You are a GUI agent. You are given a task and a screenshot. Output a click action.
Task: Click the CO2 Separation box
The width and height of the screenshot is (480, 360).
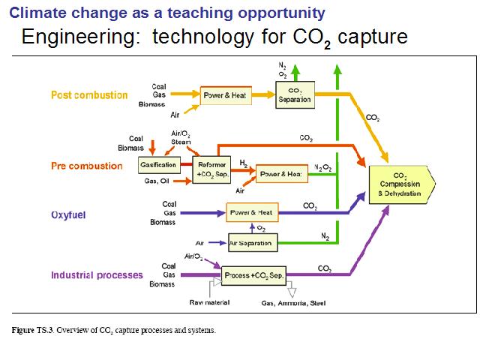pos(295,95)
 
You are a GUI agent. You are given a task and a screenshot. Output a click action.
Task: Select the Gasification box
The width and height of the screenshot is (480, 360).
pos(159,165)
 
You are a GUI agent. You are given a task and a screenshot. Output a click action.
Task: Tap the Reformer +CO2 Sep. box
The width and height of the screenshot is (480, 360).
pos(211,169)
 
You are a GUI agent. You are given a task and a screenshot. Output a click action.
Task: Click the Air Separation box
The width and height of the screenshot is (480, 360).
pos(253,243)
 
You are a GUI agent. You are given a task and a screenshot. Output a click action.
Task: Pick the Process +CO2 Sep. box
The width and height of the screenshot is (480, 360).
pos(253,275)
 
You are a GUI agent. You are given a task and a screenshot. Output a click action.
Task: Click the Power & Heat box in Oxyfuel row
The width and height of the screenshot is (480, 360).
pos(252,212)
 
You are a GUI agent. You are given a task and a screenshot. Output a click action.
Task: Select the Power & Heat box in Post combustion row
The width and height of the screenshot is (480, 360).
pos(226,95)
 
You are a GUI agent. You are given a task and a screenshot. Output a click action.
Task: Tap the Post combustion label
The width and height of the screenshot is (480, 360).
pos(89,95)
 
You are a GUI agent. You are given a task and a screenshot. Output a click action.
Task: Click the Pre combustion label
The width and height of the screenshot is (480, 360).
pos(87,166)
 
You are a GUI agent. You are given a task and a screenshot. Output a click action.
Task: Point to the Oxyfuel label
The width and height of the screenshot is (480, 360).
pos(68,215)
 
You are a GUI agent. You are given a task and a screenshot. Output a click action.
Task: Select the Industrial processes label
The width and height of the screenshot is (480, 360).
pos(97,275)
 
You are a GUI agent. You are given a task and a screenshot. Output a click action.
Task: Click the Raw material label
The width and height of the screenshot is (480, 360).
pos(209,302)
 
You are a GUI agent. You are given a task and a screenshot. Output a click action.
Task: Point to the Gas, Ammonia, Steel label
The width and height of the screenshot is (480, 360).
pos(293,303)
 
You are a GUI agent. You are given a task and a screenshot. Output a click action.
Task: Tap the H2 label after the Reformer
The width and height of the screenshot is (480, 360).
pos(244,163)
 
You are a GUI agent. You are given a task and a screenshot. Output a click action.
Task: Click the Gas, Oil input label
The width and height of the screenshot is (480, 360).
pos(157,181)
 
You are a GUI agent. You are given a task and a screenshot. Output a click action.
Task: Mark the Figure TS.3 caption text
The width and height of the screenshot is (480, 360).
pos(114,330)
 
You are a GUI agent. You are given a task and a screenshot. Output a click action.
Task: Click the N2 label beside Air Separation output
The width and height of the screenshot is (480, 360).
pos(325,236)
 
